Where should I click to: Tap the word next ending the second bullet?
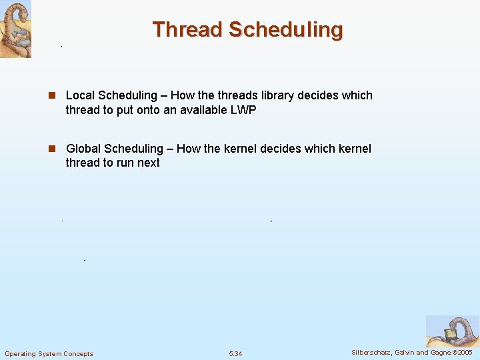(148, 163)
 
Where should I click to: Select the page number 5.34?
(235, 353)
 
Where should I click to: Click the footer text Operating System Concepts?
(49, 353)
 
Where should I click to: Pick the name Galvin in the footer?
(407, 352)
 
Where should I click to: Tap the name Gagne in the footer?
(440, 352)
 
